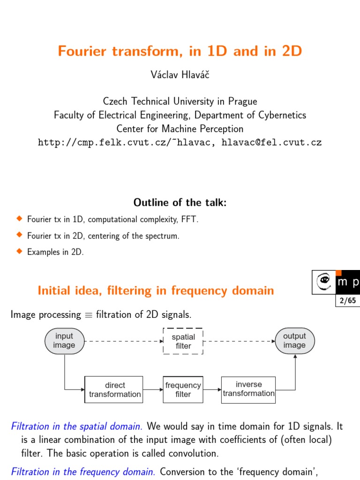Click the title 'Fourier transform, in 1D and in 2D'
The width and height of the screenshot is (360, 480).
(x=180, y=51)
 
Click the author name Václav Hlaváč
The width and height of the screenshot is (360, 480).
(x=180, y=75)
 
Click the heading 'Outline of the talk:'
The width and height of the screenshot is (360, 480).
(x=180, y=202)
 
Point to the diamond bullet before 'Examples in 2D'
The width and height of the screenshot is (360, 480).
(x=19, y=251)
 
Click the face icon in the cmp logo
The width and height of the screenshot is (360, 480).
(x=323, y=282)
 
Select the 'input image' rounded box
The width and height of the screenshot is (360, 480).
(x=64, y=341)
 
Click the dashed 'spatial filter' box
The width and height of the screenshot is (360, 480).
(x=183, y=341)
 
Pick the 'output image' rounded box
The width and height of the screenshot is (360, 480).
(x=294, y=341)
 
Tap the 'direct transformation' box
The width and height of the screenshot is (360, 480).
(x=115, y=390)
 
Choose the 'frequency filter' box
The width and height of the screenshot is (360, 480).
(x=183, y=390)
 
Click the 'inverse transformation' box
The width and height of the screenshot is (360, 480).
(x=248, y=389)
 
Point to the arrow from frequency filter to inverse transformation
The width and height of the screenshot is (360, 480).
(x=212, y=389)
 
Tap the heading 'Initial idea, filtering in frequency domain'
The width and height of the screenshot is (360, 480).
(x=156, y=291)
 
